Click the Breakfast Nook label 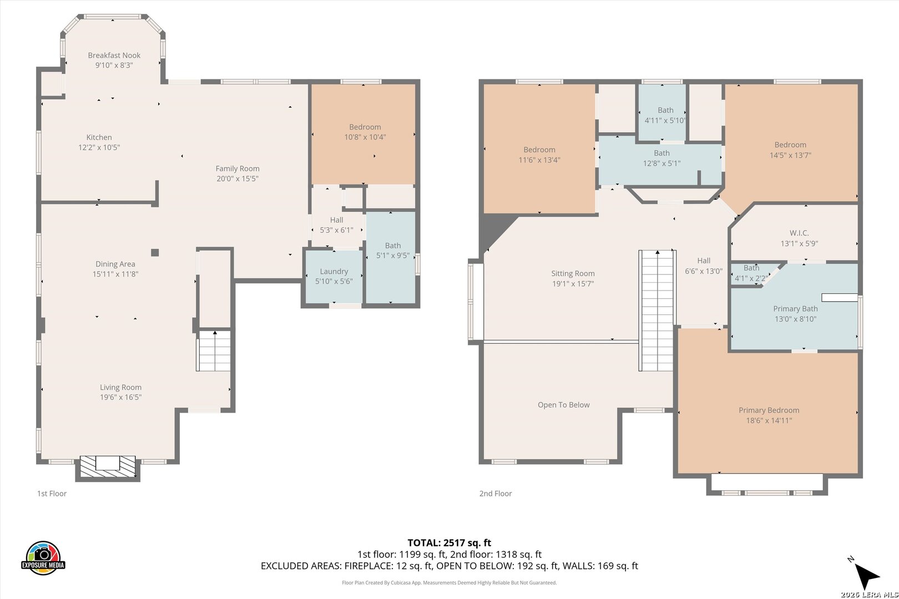click(x=114, y=55)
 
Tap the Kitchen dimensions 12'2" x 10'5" click(x=99, y=147)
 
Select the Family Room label click(x=238, y=169)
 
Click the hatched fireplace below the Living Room click(x=108, y=467)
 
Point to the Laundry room click(x=334, y=276)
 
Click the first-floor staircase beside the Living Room click(x=214, y=351)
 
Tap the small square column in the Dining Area click(x=155, y=252)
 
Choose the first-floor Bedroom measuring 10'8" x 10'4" click(x=363, y=134)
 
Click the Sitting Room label click(x=573, y=273)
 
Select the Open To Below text click(x=564, y=405)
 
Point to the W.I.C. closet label click(x=799, y=233)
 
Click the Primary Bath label click(x=795, y=309)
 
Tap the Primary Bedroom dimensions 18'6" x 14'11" click(x=769, y=420)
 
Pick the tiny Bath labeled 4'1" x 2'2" click(x=750, y=273)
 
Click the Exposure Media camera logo click(x=43, y=557)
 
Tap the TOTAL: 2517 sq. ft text click(x=449, y=543)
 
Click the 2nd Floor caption click(x=496, y=494)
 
